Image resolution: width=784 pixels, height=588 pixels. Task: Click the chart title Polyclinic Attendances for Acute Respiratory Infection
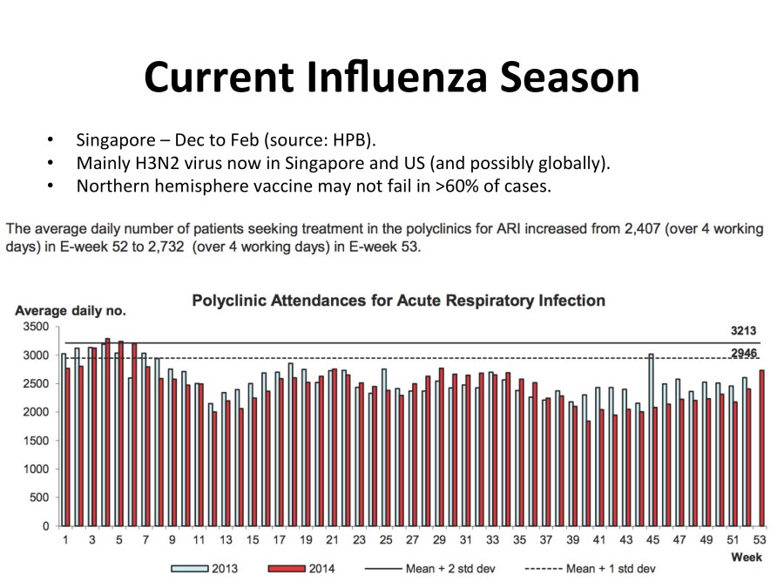point(398,301)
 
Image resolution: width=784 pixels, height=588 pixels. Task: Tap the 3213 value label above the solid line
point(743,331)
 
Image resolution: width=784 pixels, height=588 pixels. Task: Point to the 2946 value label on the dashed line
point(743,353)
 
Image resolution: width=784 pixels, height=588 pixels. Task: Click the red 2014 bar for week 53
point(762,449)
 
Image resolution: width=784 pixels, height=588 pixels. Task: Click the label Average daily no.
point(71,311)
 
